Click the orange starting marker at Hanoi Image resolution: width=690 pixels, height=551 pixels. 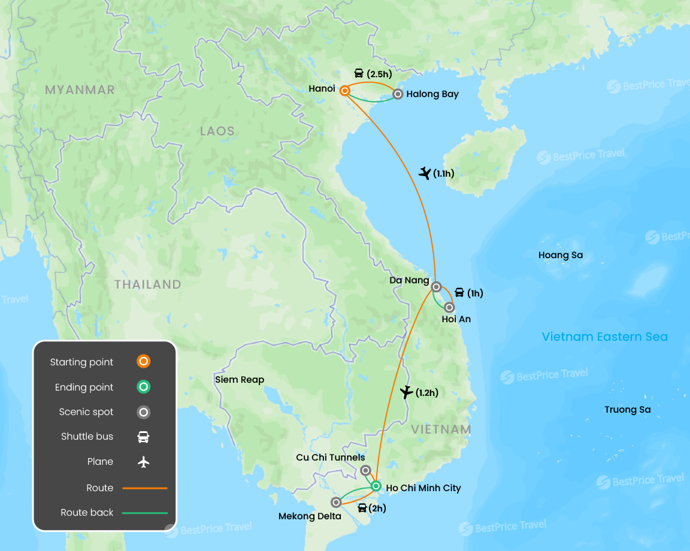point(345,91)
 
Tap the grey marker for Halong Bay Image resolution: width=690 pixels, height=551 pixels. point(398,94)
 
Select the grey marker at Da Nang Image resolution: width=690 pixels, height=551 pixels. point(437,286)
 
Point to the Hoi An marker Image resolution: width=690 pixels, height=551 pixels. point(449,307)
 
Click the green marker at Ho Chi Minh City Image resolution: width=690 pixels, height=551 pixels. point(376,486)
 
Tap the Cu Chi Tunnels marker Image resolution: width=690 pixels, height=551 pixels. point(365,471)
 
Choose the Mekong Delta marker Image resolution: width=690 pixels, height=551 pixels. point(336,502)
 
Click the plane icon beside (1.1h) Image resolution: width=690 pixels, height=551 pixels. point(425,174)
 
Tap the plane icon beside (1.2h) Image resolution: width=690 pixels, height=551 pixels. point(406,393)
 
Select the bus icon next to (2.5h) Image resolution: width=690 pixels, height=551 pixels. point(359,74)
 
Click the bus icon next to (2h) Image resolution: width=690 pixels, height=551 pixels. point(362,508)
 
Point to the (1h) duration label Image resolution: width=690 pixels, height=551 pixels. point(475,293)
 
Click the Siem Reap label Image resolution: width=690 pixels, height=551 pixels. point(240,380)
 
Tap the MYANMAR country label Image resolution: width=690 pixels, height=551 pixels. point(80,90)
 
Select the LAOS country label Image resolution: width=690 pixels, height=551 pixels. point(217,131)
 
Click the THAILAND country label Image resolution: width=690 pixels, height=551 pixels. point(148,284)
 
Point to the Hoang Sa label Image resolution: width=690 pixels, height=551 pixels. point(560,255)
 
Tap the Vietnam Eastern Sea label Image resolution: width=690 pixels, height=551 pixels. point(604,337)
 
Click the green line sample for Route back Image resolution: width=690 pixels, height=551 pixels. point(145,513)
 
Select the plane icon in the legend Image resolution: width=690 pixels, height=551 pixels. point(143,462)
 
